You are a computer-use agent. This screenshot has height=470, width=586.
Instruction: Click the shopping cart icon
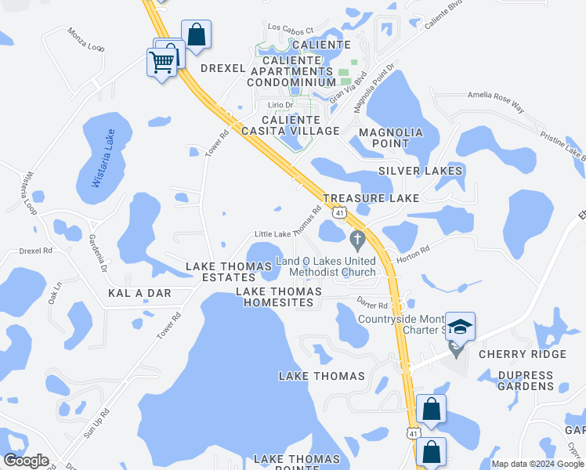pyautogui.click(x=162, y=61)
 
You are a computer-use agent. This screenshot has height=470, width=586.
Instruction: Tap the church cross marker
pyautogui.click(x=357, y=237)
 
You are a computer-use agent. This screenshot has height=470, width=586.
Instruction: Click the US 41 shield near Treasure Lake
pyautogui.click(x=338, y=212)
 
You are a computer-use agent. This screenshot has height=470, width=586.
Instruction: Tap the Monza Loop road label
pyautogui.click(x=85, y=40)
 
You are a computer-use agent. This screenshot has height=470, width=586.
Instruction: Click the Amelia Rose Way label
pyautogui.click(x=495, y=96)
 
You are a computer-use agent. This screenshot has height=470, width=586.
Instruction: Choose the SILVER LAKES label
pyautogui.click(x=420, y=171)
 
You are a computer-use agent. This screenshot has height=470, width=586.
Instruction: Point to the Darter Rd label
pyautogui.click(x=372, y=305)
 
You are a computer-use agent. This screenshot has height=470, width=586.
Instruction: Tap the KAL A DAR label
pyautogui.click(x=139, y=292)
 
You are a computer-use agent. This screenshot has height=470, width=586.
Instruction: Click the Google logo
pyautogui.click(x=25, y=461)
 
